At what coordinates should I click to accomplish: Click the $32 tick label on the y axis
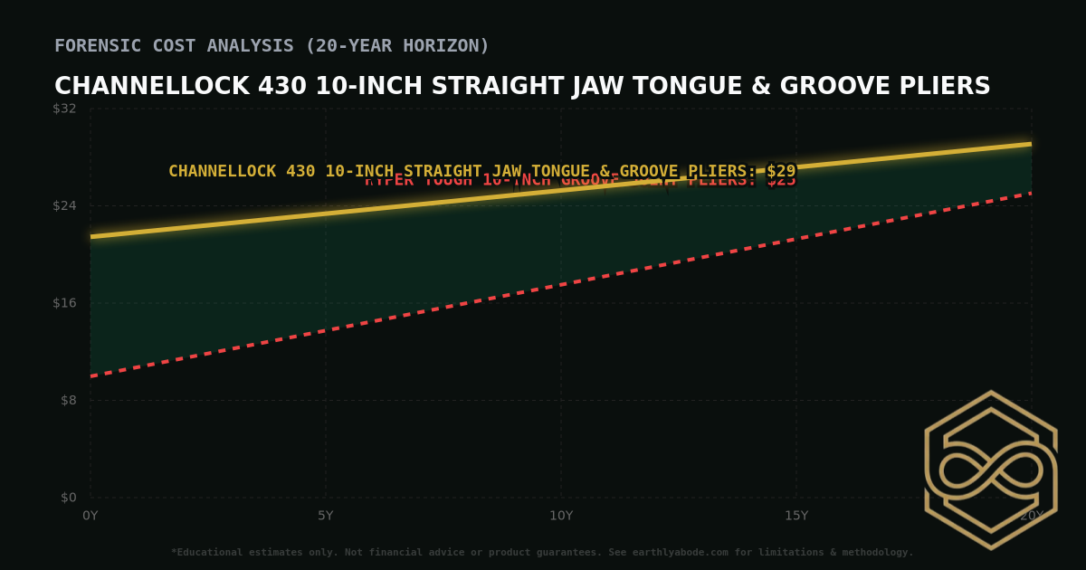point(64,109)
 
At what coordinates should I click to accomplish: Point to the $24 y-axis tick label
point(64,205)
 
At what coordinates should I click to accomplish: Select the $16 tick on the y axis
point(64,302)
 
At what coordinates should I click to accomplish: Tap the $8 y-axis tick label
point(67,400)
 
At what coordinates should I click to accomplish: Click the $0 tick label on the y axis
point(67,497)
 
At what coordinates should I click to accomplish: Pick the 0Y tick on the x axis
point(90,516)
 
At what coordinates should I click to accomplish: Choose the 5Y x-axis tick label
point(325,516)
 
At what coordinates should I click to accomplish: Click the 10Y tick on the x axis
point(560,516)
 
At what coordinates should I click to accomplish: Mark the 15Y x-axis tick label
point(795,516)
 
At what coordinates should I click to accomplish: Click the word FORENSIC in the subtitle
point(97,45)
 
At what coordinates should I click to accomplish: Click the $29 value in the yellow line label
point(781,171)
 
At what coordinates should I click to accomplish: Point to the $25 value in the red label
point(781,181)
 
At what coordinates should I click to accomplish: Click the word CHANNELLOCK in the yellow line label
point(223,171)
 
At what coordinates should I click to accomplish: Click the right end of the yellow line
point(1030,144)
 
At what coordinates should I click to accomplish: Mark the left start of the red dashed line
point(91,375)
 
